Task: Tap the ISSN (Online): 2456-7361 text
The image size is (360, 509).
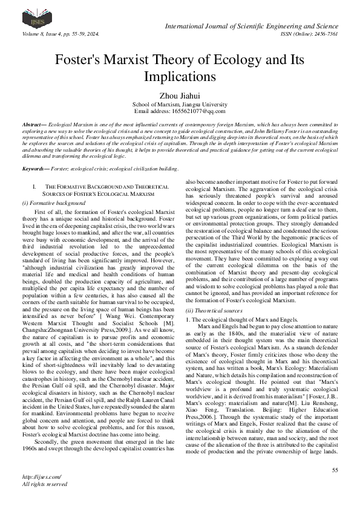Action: tap(308, 34)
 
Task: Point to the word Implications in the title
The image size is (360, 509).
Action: tap(180, 77)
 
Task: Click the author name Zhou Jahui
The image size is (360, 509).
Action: tap(179, 95)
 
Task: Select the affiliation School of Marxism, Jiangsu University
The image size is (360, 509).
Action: tap(179, 104)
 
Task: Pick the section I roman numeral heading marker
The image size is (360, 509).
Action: tap(35, 188)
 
